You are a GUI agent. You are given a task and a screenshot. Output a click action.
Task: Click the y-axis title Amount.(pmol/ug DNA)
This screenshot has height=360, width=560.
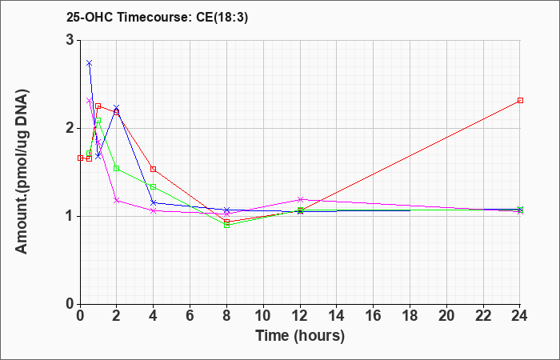22,171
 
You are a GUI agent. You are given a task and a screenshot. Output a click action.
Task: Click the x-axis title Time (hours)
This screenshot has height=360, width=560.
300,336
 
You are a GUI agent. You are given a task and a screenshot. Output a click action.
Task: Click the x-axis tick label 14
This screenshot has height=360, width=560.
337,315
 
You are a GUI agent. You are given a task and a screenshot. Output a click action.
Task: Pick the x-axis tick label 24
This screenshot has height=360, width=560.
520,315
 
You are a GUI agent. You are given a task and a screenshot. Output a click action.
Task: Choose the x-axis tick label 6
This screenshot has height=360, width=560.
190,315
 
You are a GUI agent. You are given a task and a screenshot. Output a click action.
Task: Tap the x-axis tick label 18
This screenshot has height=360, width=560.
410,315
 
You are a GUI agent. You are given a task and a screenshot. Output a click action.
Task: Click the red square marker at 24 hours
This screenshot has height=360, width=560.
520,100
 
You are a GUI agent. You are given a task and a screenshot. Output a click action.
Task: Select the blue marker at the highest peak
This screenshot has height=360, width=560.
90,63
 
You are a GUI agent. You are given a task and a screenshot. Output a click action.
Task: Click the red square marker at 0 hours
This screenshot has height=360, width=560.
80,158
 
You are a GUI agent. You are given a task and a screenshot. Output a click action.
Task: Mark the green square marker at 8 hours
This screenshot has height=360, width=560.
226,225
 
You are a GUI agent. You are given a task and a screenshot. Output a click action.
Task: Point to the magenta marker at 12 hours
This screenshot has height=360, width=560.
300,199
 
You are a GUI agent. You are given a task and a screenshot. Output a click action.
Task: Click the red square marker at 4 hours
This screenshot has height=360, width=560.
154,169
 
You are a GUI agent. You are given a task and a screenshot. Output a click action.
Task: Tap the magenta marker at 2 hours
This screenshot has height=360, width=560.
117,200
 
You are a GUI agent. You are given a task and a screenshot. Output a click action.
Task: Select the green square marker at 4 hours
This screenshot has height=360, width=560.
154,186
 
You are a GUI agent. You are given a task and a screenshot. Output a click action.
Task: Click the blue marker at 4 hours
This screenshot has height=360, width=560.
154,203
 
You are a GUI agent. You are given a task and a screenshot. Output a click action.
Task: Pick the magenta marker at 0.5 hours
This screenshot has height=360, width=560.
90,100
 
